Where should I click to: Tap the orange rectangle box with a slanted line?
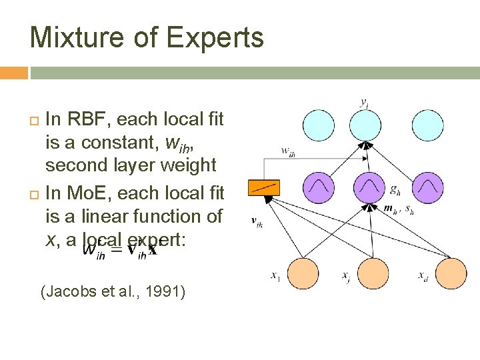pyautogui.click(x=263, y=187)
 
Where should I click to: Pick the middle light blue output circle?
pyautogui.click(x=372, y=126)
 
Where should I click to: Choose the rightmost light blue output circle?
pyautogui.click(x=427, y=126)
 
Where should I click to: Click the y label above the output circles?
pyautogui.click(x=363, y=103)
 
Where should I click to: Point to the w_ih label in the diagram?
pyautogui.click(x=289, y=151)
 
